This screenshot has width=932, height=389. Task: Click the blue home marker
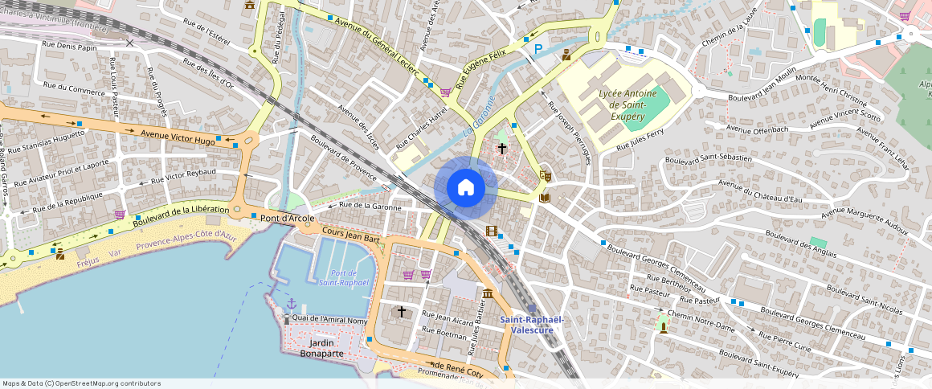tap(465, 188)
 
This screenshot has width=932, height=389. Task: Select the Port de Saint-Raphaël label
tap(343, 278)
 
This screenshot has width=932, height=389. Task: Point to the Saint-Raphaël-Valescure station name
tap(532, 324)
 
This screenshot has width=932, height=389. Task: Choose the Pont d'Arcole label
tap(287, 218)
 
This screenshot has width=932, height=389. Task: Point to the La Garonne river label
tap(478, 117)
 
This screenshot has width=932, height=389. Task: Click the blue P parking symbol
tap(538, 50)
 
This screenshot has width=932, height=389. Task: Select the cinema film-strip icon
tap(492, 231)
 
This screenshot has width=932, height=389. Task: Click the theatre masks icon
tap(546, 174)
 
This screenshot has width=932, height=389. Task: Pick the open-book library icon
tap(545, 197)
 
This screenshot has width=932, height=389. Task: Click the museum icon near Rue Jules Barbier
tap(488, 293)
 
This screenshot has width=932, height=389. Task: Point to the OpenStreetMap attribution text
tap(81, 383)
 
